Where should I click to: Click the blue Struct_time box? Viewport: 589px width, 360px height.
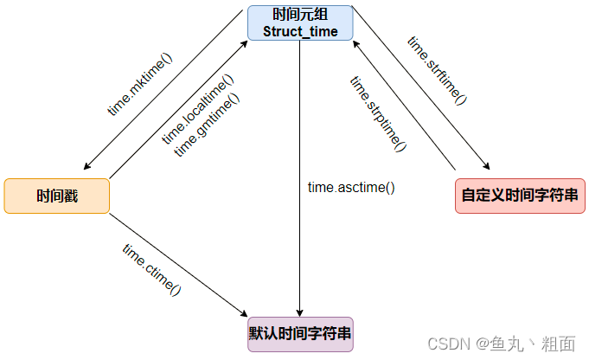pyautogui.click(x=299, y=22)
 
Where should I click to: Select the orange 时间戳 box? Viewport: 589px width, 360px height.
pyautogui.click(x=57, y=196)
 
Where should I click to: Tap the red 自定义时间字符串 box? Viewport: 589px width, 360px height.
pyautogui.click(x=520, y=196)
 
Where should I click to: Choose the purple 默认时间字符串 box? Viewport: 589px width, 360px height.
pyautogui.click(x=300, y=333)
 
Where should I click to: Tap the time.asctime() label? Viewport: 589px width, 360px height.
pyautogui.click(x=351, y=187)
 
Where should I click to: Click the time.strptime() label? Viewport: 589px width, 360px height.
pyautogui.click(x=378, y=113)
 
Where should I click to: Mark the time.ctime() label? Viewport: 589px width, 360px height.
pyautogui.click(x=152, y=270)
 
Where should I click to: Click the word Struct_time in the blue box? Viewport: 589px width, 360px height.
pyautogui.click(x=299, y=31)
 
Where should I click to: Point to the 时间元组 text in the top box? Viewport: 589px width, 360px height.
pyautogui.click(x=299, y=15)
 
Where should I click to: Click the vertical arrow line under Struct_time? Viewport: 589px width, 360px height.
pyautogui.click(x=299, y=173)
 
